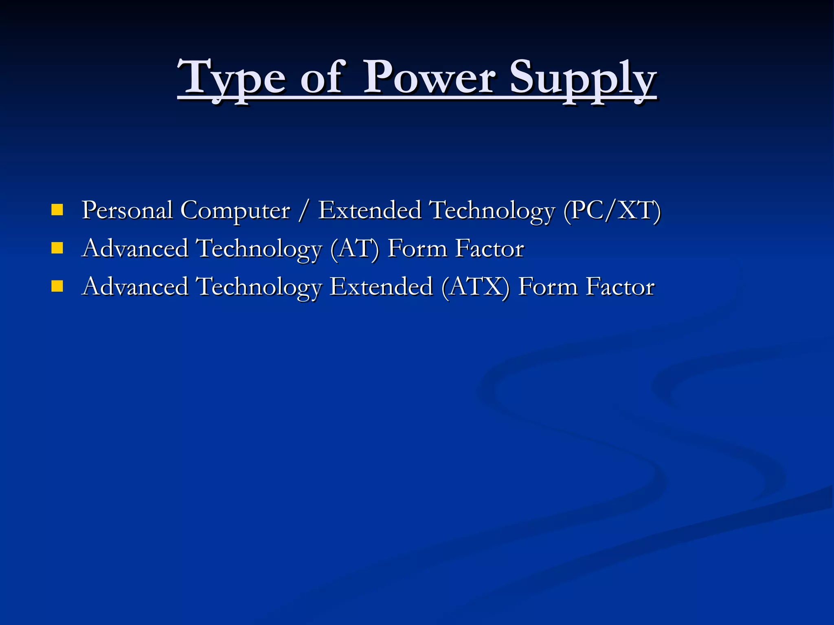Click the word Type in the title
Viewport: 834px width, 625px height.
232,78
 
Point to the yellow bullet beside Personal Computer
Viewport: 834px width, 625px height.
57,210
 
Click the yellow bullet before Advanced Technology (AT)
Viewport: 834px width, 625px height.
57,248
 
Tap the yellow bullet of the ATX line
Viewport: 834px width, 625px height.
57,286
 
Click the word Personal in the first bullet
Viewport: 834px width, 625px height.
127,210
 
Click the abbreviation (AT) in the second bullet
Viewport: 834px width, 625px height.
354,249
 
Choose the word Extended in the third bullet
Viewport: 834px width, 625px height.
381,286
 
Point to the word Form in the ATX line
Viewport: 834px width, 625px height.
548,287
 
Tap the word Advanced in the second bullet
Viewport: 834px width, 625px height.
135,249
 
